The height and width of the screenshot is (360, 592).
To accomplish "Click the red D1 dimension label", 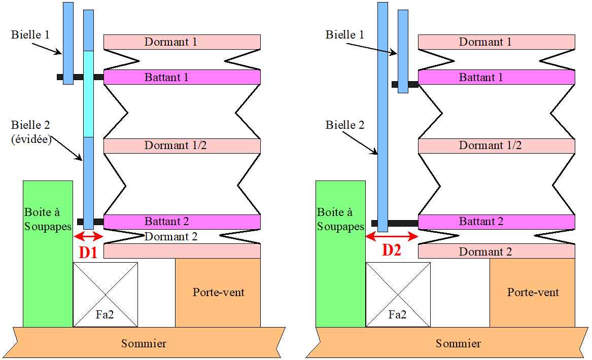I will click(88, 252).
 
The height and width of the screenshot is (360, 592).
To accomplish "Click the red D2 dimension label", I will click(392, 250).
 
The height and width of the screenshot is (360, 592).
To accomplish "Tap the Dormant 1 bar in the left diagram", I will click(182, 42).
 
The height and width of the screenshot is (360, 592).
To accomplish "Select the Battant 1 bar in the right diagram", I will click(496, 77).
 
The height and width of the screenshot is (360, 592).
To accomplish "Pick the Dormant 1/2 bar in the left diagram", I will click(182, 146).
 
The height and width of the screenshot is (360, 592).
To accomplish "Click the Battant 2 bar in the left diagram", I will click(182, 222).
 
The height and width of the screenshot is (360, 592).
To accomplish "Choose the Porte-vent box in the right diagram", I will click(532, 293).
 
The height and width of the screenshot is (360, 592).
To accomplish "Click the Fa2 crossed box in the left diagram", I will click(106, 294).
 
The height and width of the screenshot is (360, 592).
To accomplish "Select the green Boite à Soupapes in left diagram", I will click(47, 254).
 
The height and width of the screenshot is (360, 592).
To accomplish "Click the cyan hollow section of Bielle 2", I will click(88, 94).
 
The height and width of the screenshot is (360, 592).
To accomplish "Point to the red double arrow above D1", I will click(88, 237).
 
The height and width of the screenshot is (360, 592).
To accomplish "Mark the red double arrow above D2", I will click(392, 236).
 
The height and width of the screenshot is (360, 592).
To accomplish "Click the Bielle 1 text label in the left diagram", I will click(31, 34).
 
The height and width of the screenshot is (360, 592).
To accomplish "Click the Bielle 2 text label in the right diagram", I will click(345, 125).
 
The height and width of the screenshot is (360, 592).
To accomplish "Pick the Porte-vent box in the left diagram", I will click(218, 293).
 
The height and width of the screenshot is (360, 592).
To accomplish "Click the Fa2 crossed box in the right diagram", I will click(398, 294).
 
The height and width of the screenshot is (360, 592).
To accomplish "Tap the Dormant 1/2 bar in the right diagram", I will click(496, 146).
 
